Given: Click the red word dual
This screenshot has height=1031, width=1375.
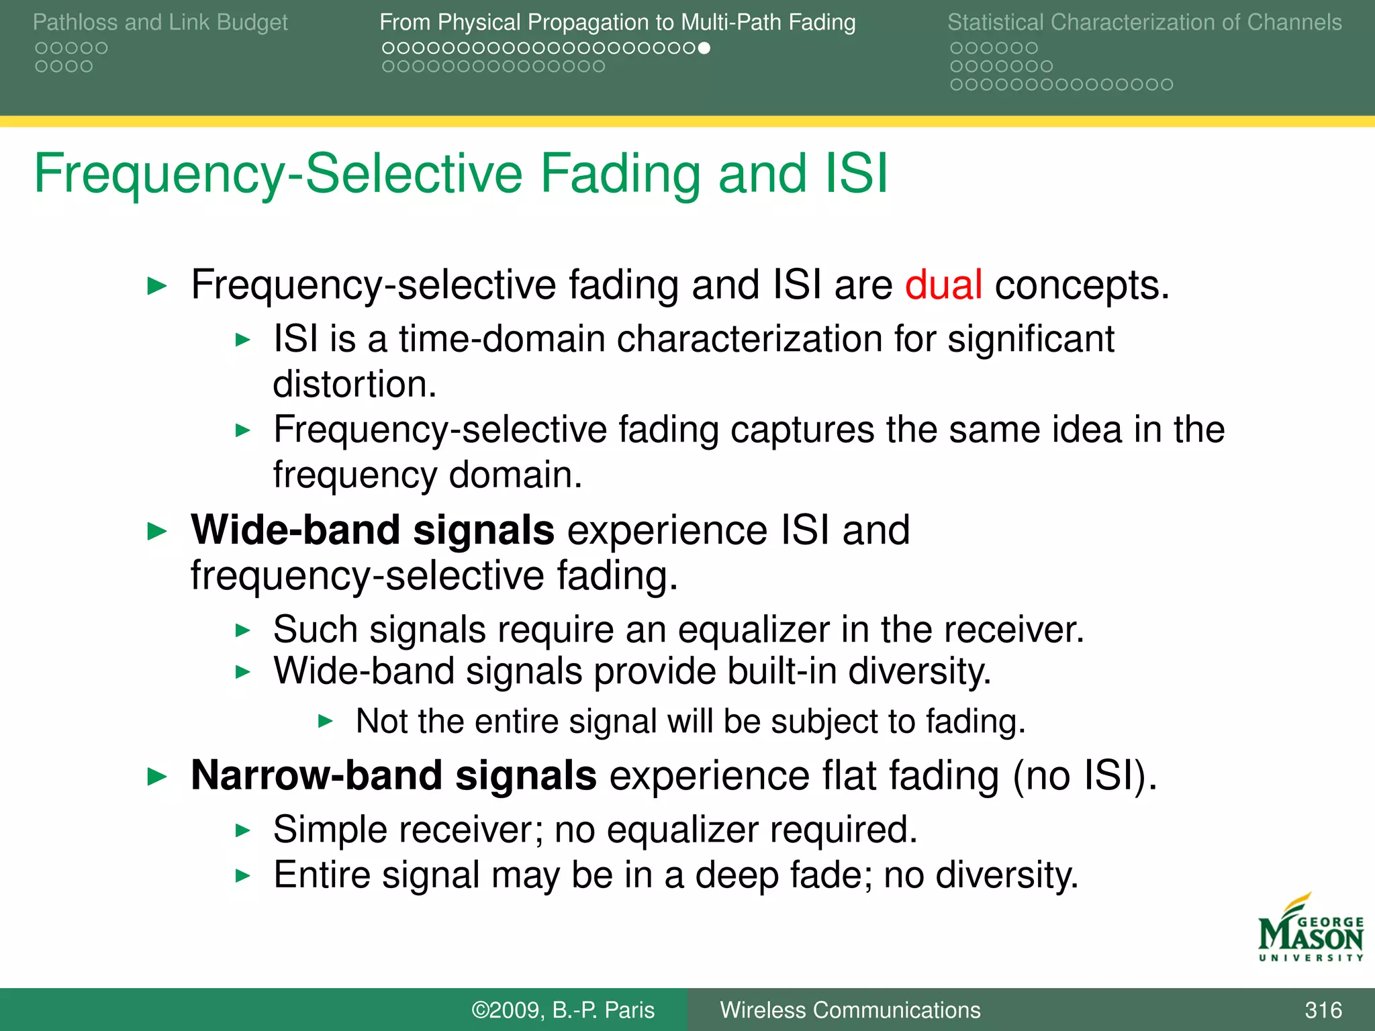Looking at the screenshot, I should tap(943, 285).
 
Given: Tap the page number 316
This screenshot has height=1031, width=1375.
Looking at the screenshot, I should tap(1323, 1010).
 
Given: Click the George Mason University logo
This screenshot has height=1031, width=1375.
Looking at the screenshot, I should tap(1311, 930).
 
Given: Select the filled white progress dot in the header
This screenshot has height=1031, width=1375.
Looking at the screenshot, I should tap(704, 48).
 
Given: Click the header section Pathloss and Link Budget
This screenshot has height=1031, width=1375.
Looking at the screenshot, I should tap(160, 22).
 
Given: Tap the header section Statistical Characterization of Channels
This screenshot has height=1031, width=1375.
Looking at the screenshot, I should tap(1144, 22).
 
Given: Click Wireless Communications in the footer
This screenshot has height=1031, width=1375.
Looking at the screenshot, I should tap(850, 1010).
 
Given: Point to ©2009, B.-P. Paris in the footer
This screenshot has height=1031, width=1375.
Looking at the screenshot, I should tap(563, 1010).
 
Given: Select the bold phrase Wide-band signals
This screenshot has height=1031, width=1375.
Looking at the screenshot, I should tap(373, 530).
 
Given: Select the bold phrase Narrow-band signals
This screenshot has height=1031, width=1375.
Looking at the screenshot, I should tap(393, 775).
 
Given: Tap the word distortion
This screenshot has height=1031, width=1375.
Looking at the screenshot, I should tap(354, 385).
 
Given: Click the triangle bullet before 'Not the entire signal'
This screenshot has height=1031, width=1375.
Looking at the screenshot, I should tap(326, 722).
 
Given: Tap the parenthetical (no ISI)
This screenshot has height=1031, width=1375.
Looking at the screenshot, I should tap(1085, 776).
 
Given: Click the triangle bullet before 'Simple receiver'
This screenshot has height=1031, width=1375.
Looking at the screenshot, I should tap(243, 831).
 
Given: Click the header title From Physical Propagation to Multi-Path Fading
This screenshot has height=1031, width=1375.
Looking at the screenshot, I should tap(617, 22).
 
